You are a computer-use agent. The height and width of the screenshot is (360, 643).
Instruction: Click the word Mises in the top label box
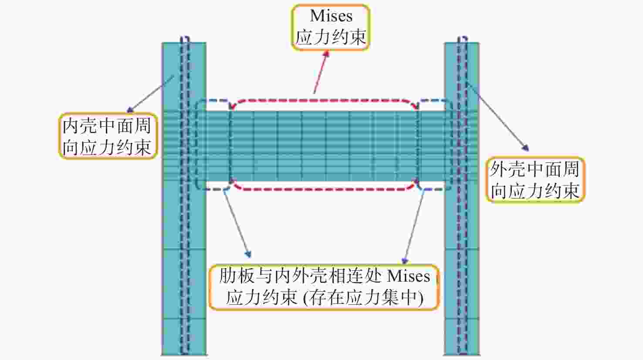coord(331,16)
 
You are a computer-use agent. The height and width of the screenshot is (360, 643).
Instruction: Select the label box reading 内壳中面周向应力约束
coord(108,136)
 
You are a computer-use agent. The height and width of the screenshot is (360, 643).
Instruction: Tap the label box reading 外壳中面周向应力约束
coord(535,180)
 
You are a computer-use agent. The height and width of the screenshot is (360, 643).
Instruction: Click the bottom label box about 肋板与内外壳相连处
coord(325,287)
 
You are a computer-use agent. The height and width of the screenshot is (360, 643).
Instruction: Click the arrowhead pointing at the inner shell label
coord(130,110)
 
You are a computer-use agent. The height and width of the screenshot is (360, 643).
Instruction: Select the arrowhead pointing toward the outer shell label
coord(526,148)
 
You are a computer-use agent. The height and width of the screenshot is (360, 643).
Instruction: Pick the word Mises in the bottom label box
coord(409,276)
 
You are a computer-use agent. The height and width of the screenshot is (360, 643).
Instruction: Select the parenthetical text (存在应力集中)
coord(363,298)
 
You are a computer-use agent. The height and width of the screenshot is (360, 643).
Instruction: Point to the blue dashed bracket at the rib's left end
coord(213,145)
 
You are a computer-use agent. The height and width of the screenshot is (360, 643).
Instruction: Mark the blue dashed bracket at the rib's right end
coord(435,145)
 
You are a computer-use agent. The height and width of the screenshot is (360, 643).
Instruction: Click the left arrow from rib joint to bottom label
coord(237,223)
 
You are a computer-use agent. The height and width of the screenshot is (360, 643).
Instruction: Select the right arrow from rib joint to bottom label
coord(414,227)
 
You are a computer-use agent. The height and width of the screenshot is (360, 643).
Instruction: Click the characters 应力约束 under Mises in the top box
coord(331,37)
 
